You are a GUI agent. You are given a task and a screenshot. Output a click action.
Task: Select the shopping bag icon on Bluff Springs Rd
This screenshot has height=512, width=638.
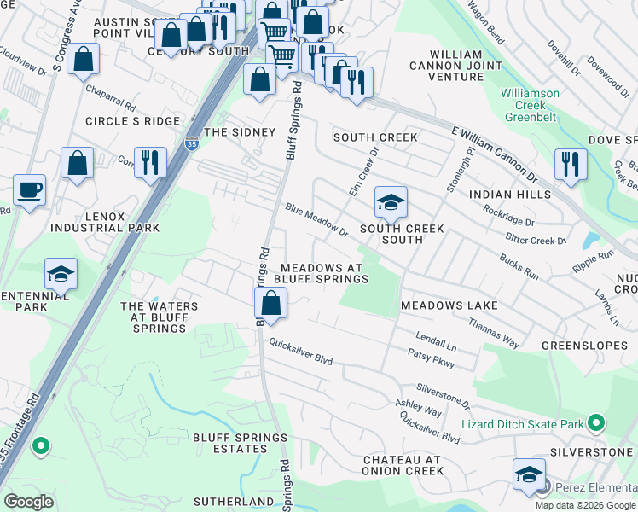(x=270, y=303)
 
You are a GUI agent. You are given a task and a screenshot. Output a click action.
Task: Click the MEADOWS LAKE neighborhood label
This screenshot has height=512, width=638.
(x=449, y=305)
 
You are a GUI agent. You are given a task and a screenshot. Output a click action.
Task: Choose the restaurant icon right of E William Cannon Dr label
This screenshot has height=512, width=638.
(x=570, y=163)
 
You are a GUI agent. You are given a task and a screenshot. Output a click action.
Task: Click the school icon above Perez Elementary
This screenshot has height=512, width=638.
(x=529, y=474)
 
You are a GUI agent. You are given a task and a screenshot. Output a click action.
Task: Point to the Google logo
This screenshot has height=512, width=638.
(x=29, y=501)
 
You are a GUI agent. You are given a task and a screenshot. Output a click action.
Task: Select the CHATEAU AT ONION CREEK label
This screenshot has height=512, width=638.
(x=402, y=465)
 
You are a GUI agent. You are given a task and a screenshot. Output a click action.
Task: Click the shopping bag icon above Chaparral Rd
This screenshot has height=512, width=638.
(x=83, y=59)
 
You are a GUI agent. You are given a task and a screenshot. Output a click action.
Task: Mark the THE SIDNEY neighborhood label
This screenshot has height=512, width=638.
(x=239, y=132)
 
